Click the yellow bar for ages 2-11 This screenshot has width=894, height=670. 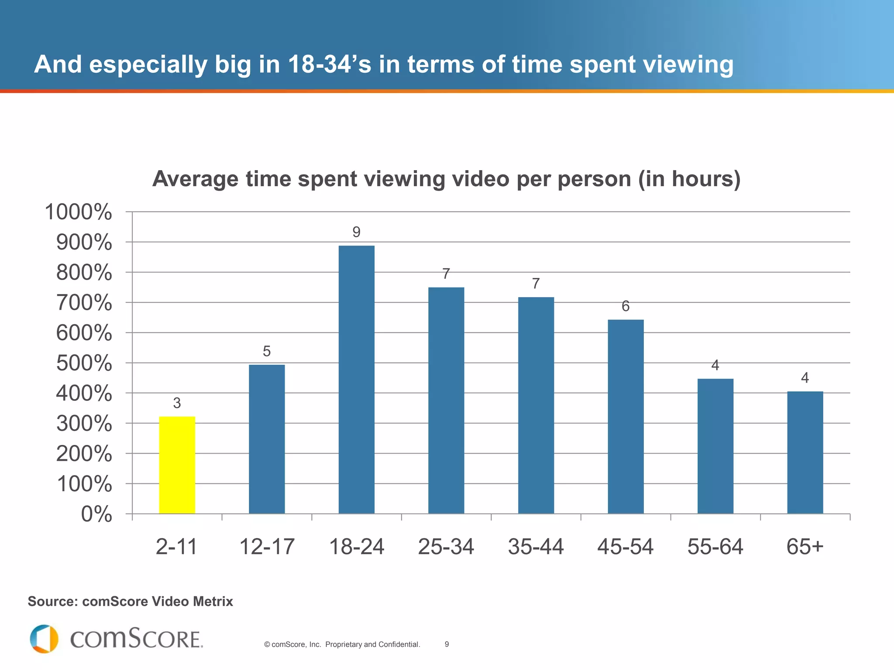[177, 465]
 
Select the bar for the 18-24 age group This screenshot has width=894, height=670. [356, 379]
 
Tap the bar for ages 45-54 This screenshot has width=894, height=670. [626, 417]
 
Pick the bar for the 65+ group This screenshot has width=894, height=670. [805, 452]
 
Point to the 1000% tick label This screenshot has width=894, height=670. [79, 212]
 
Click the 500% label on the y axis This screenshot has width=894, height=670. [84, 363]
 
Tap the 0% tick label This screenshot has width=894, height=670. [96, 514]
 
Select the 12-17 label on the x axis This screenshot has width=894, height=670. [267, 547]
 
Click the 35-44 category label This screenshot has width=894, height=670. [536, 547]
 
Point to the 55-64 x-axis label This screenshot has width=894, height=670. [715, 547]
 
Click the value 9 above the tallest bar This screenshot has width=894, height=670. [356, 232]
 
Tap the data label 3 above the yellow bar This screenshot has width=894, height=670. [177, 403]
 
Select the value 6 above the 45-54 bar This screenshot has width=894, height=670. [626, 306]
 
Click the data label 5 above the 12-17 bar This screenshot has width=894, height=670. [267, 351]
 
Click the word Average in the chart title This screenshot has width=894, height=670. [195, 179]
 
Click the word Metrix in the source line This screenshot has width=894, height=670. [213, 602]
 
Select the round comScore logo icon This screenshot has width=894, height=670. [44, 639]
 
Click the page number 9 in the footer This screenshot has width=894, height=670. [447, 644]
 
